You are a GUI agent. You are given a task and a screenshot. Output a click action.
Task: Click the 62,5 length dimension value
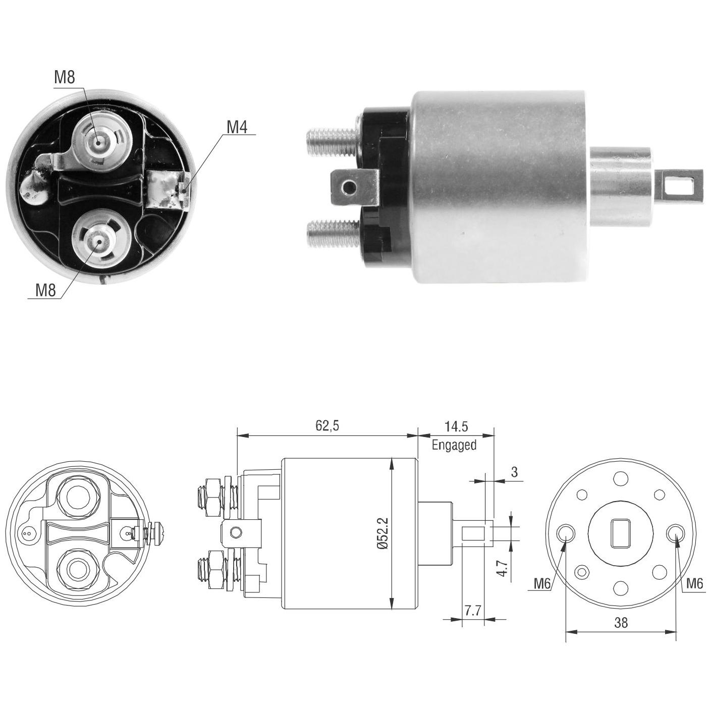pos(327,426)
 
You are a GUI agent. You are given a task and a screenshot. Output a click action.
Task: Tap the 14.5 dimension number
pos(456,426)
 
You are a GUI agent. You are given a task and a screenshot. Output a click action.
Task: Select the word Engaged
pos(454,445)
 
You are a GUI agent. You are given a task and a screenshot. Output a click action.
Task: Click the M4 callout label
pos(237,127)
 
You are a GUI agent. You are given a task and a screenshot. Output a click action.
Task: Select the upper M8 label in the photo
pos(65,77)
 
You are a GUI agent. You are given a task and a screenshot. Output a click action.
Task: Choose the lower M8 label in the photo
pos(45,290)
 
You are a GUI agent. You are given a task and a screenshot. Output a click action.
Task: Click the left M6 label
pos(542,583)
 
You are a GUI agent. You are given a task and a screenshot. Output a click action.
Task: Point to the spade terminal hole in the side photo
pos(348,188)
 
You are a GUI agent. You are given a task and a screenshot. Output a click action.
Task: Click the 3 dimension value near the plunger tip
pos(515,472)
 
